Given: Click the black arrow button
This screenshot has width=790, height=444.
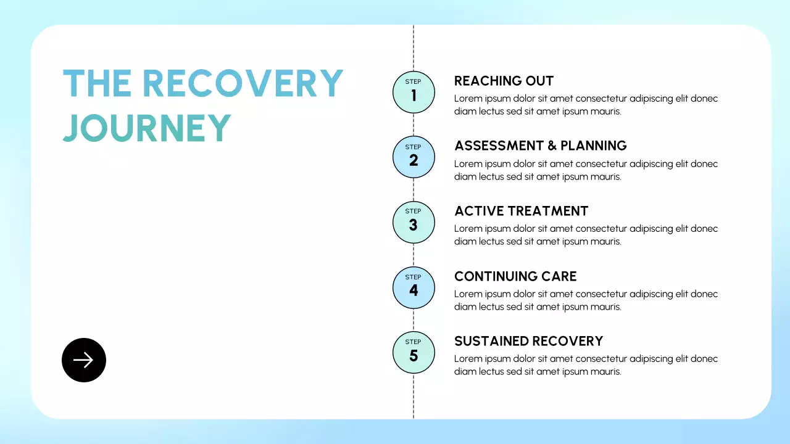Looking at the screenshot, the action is click(84, 360).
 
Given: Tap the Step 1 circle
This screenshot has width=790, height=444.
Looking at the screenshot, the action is click(414, 92).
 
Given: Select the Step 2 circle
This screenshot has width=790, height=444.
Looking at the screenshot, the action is click(414, 157).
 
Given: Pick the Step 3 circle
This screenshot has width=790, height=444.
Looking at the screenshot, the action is click(414, 223).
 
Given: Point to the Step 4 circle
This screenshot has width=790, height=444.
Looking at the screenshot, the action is click(414, 287).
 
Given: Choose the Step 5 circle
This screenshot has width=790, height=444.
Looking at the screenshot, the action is click(414, 352).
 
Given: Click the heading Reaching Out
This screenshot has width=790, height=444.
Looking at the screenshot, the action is click(504, 81).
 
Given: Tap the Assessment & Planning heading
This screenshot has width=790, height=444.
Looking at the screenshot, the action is click(541, 146).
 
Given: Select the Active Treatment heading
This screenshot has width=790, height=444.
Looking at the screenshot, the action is click(522, 211).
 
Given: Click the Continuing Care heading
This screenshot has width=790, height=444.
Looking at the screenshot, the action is click(515, 276).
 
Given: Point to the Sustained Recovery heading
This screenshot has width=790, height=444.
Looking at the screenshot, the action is click(529, 341).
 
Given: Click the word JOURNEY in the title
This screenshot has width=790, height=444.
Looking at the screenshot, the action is click(147, 128).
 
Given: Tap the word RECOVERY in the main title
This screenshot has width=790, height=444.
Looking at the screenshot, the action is click(243, 83).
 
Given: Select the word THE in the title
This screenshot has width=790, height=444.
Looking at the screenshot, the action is click(97, 83).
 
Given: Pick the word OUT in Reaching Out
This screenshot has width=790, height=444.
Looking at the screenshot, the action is click(539, 81).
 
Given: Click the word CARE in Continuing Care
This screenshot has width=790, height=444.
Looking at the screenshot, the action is click(559, 276).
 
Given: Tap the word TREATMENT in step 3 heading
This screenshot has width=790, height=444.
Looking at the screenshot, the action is click(549, 211).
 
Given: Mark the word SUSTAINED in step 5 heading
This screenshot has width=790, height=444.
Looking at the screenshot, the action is click(491, 341).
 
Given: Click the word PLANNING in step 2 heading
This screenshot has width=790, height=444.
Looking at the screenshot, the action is click(594, 146).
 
